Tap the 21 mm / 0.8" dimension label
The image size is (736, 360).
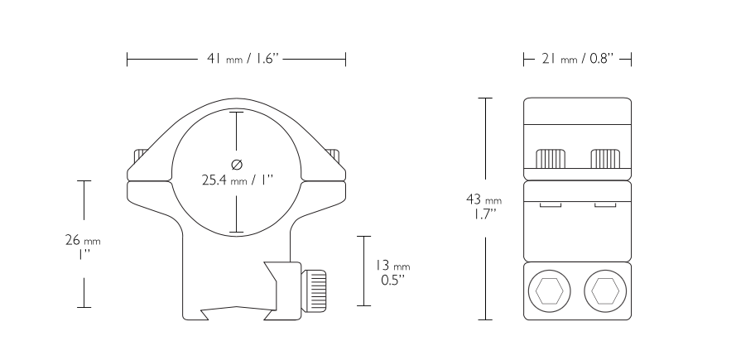pyautogui.click(x=577, y=59)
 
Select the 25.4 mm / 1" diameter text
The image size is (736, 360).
pyautogui.click(x=237, y=179)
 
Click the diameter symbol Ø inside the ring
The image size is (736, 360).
pyautogui.click(x=237, y=163)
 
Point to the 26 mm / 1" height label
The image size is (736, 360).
pyautogui.click(x=83, y=246)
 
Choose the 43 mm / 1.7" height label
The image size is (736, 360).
pyautogui.click(x=484, y=206)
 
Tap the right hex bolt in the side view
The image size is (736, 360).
pyautogui.click(x=605, y=290)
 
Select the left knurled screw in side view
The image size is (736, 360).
pyautogui.click(x=551, y=157)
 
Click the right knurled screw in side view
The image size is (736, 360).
pyautogui.click(x=606, y=157)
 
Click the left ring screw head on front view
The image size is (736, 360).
pyautogui.click(x=140, y=156)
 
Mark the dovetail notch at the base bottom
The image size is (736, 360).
pyautogui.click(x=238, y=313)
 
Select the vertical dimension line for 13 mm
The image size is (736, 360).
pyautogui.click(x=362, y=271)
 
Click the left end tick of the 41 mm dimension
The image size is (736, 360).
pyautogui.click(x=127, y=59)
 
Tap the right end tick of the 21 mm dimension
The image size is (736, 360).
pyautogui.click(x=631, y=59)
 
